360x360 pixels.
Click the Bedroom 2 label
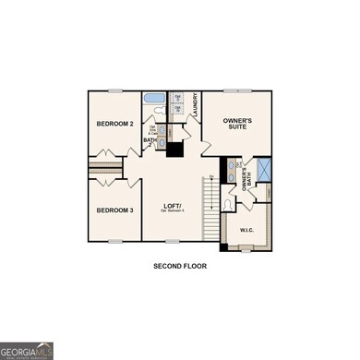(x=115, y=123)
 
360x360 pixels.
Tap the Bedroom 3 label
(x=115, y=210)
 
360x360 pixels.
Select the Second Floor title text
(x=180, y=266)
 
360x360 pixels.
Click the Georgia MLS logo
(x=26, y=350)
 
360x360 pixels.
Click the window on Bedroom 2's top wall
(x=115, y=90)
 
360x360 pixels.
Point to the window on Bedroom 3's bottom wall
(x=115, y=241)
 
